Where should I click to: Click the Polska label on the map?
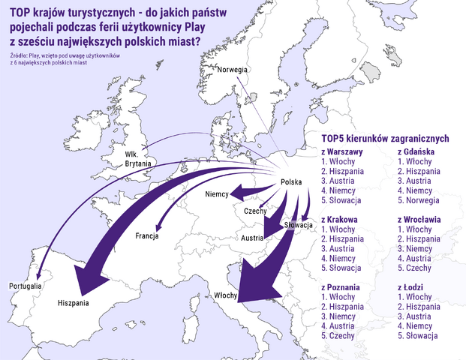pos(291,182)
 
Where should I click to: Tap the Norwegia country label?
pos(232,70)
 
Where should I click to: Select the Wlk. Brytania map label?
pos(138,157)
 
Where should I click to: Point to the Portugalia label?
pos(25,286)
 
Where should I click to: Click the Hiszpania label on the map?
pos(74,303)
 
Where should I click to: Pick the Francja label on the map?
pos(147,236)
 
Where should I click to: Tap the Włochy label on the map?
pos(225,295)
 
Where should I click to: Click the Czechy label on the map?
pos(255,211)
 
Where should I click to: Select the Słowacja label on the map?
pos(299,225)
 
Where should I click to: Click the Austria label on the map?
pos(251,238)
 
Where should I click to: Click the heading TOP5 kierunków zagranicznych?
pos(384,138)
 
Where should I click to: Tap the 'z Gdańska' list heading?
pos(418,151)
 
